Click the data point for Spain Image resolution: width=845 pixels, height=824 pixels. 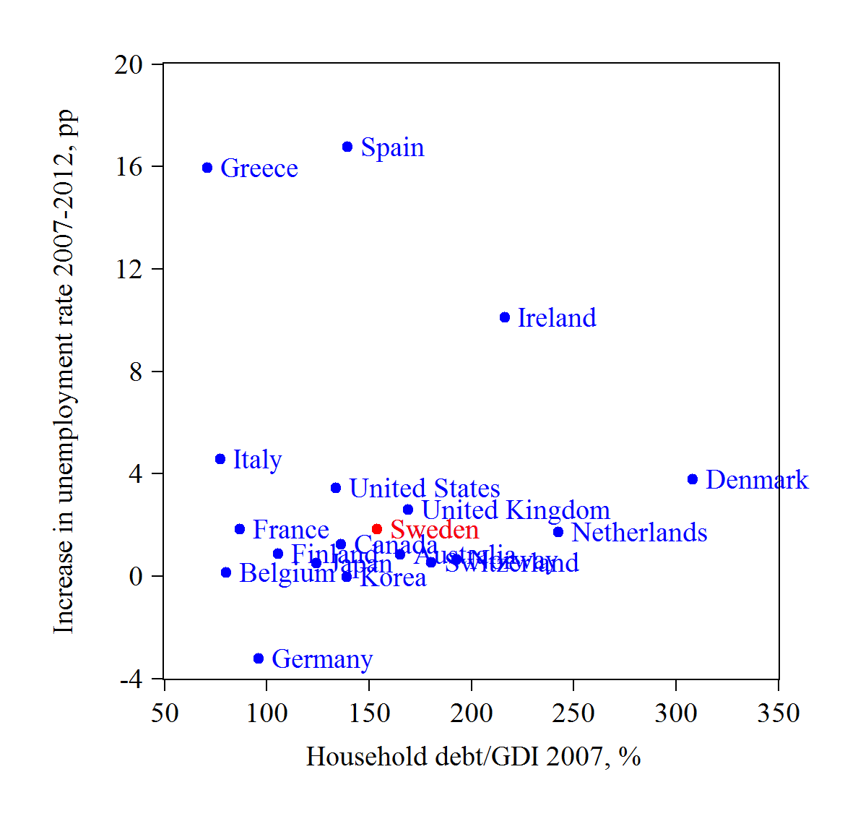click(x=347, y=147)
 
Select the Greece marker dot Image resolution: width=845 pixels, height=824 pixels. click(x=207, y=168)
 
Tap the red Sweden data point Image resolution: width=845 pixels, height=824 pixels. click(x=377, y=530)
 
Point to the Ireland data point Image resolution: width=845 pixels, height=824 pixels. click(x=505, y=317)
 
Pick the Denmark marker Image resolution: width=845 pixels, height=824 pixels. click(x=693, y=479)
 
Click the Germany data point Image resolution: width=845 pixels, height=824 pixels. click(x=259, y=658)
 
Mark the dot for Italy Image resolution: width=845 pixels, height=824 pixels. click(x=220, y=459)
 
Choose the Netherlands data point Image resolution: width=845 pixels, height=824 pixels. click(x=558, y=532)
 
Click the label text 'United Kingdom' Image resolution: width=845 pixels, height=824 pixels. click(x=516, y=510)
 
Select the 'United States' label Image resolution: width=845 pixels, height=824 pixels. click(x=425, y=489)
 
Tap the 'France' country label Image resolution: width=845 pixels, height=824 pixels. click(x=291, y=530)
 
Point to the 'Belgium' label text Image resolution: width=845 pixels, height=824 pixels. click(x=287, y=573)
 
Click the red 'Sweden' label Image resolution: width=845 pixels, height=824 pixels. click(x=435, y=530)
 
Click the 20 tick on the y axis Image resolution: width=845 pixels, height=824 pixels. click(x=129, y=65)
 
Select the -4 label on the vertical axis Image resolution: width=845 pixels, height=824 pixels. click(x=131, y=679)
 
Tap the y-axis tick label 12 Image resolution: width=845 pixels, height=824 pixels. click(x=129, y=270)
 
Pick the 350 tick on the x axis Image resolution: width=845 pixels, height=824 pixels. click(x=779, y=714)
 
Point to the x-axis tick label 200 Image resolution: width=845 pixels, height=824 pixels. click(x=472, y=714)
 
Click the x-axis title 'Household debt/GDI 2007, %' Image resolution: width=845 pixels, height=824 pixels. click(x=474, y=757)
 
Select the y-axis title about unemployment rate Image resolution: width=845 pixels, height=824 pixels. click(x=64, y=372)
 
